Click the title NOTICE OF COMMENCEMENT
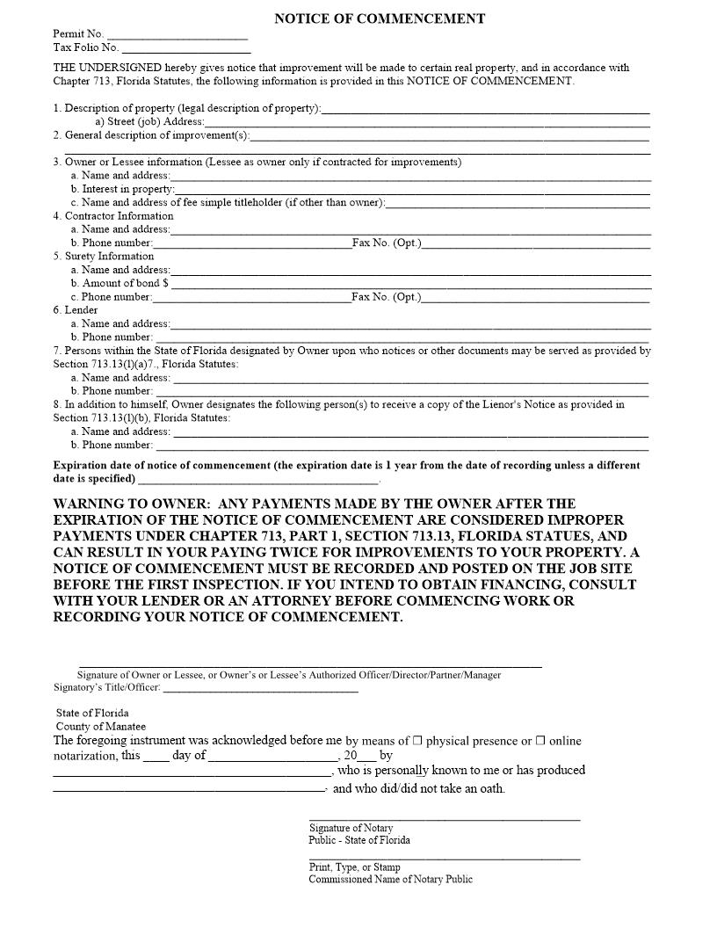click(x=380, y=18)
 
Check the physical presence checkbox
click(x=417, y=741)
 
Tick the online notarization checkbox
click(x=541, y=741)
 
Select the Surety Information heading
click(x=103, y=257)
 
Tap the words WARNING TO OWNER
click(x=131, y=504)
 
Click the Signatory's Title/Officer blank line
click(x=261, y=690)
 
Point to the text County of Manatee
click(x=101, y=727)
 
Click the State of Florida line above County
click(x=92, y=714)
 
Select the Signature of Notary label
click(x=351, y=828)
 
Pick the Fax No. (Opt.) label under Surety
click(x=386, y=297)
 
